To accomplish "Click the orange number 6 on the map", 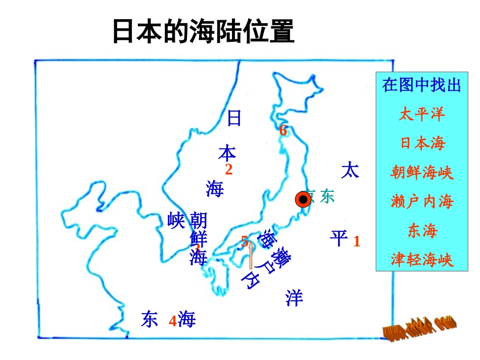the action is (283, 130).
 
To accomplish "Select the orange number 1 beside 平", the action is (357, 241).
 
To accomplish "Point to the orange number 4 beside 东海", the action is (172, 321).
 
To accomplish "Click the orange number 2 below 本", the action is (228, 170).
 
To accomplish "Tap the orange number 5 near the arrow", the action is (245, 241).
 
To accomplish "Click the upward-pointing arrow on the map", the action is (251, 255).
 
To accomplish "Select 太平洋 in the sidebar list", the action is (421, 114).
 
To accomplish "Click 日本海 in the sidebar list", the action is (422, 143).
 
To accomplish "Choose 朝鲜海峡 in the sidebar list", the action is (422, 173).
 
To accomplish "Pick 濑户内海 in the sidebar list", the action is (422, 202).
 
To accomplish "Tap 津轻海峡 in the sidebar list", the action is (422, 260).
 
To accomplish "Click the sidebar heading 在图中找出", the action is (422, 85).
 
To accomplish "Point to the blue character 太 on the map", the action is (350, 170).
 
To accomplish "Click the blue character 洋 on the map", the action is (294, 298).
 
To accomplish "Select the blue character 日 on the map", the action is (234, 118).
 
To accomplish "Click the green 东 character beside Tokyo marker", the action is (327, 197).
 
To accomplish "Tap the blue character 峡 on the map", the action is (176, 221).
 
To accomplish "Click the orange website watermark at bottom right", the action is (419, 328).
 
